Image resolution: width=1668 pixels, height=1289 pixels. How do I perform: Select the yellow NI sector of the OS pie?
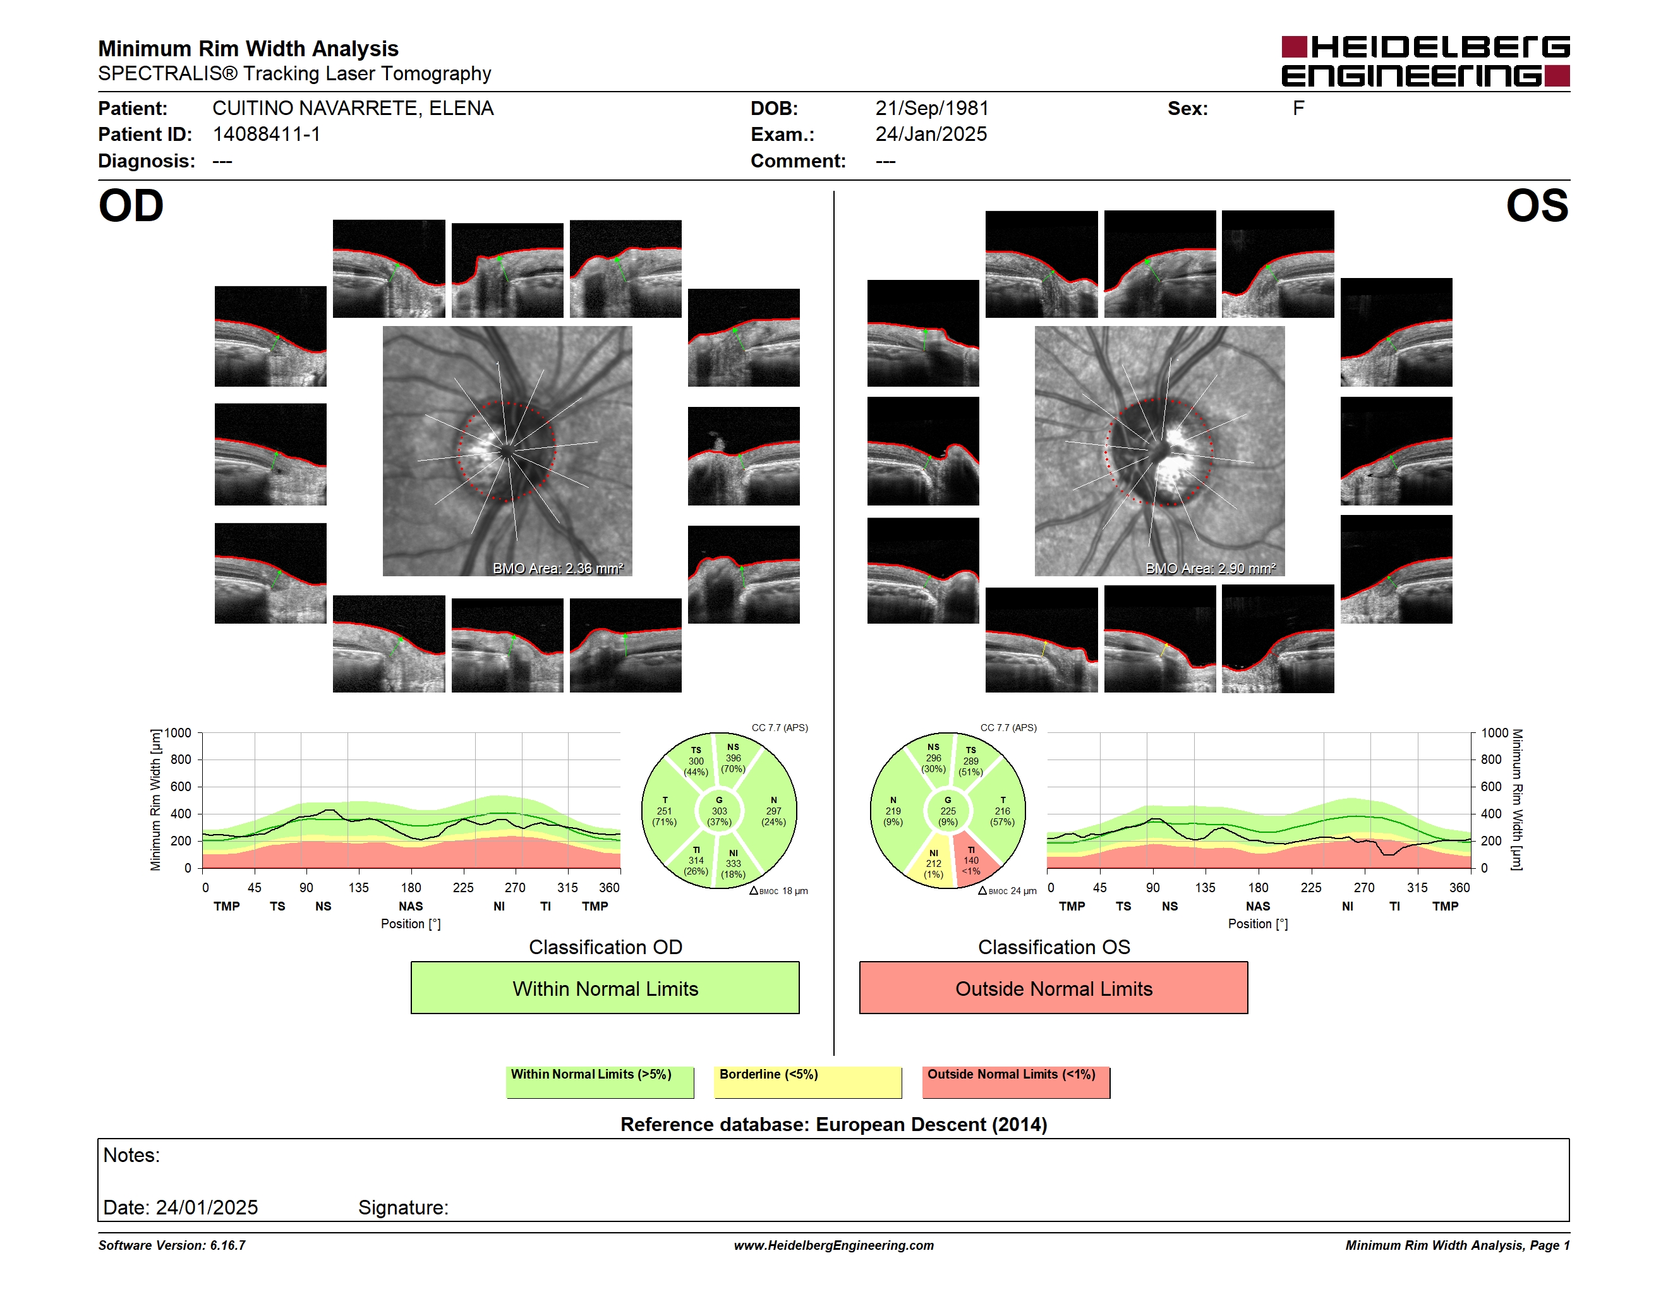[933, 863]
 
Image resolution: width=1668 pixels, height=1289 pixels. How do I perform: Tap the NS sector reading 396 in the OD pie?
[734, 758]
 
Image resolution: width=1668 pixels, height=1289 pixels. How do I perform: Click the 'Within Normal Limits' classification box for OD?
[605, 988]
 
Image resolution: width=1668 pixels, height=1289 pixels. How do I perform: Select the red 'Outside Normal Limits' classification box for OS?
[1053, 988]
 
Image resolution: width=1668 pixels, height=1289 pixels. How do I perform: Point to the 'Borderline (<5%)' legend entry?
[807, 1082]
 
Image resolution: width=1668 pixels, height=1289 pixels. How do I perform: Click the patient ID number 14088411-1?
[267, 135]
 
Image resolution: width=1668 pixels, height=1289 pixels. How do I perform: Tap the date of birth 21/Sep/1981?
[932, 109]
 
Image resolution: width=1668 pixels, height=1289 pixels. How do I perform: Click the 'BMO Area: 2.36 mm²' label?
[559, 568]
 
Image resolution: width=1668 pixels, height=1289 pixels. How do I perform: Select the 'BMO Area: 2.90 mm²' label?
[1211, 568]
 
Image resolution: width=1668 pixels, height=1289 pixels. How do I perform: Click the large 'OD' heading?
[131, 206]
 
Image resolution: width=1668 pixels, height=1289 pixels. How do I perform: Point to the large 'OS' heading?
[1537, 206]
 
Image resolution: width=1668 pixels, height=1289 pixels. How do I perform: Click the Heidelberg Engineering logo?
[1425, 61]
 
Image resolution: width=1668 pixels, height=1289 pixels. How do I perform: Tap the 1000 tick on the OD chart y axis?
[178, 733]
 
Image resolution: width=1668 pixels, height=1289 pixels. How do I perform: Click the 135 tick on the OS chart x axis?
[1205, 887]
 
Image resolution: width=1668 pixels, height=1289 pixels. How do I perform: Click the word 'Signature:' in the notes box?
[403, 1207]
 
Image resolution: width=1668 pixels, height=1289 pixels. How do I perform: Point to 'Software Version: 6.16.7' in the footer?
[172, 1245]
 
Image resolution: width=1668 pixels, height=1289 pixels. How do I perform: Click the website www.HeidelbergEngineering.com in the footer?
[834, 1245]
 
